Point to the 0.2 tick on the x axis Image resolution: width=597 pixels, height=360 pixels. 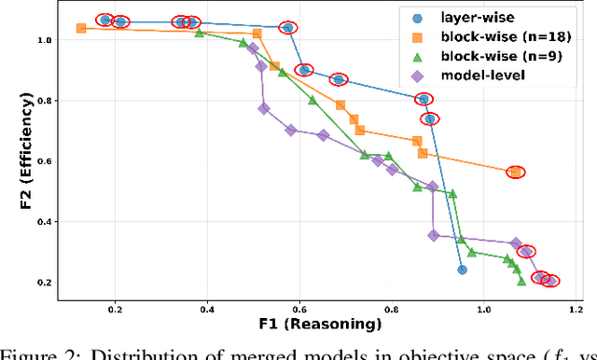116,311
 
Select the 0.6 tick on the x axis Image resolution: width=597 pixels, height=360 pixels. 299,311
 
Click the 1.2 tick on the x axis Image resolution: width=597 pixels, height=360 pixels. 575,311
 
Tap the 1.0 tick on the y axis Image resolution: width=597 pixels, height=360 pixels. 42,40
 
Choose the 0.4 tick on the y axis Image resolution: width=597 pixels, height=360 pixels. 42,222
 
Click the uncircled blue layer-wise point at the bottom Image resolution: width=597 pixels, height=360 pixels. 462,270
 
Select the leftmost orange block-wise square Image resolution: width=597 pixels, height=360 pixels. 81,28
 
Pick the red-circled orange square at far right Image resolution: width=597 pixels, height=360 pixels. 516,172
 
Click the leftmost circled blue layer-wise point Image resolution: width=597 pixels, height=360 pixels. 104,20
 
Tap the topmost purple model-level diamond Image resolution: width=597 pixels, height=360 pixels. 253,48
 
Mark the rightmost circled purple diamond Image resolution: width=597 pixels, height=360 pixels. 550,281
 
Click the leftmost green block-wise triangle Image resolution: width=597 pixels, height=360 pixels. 200,33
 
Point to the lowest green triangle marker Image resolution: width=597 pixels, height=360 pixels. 521,281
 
